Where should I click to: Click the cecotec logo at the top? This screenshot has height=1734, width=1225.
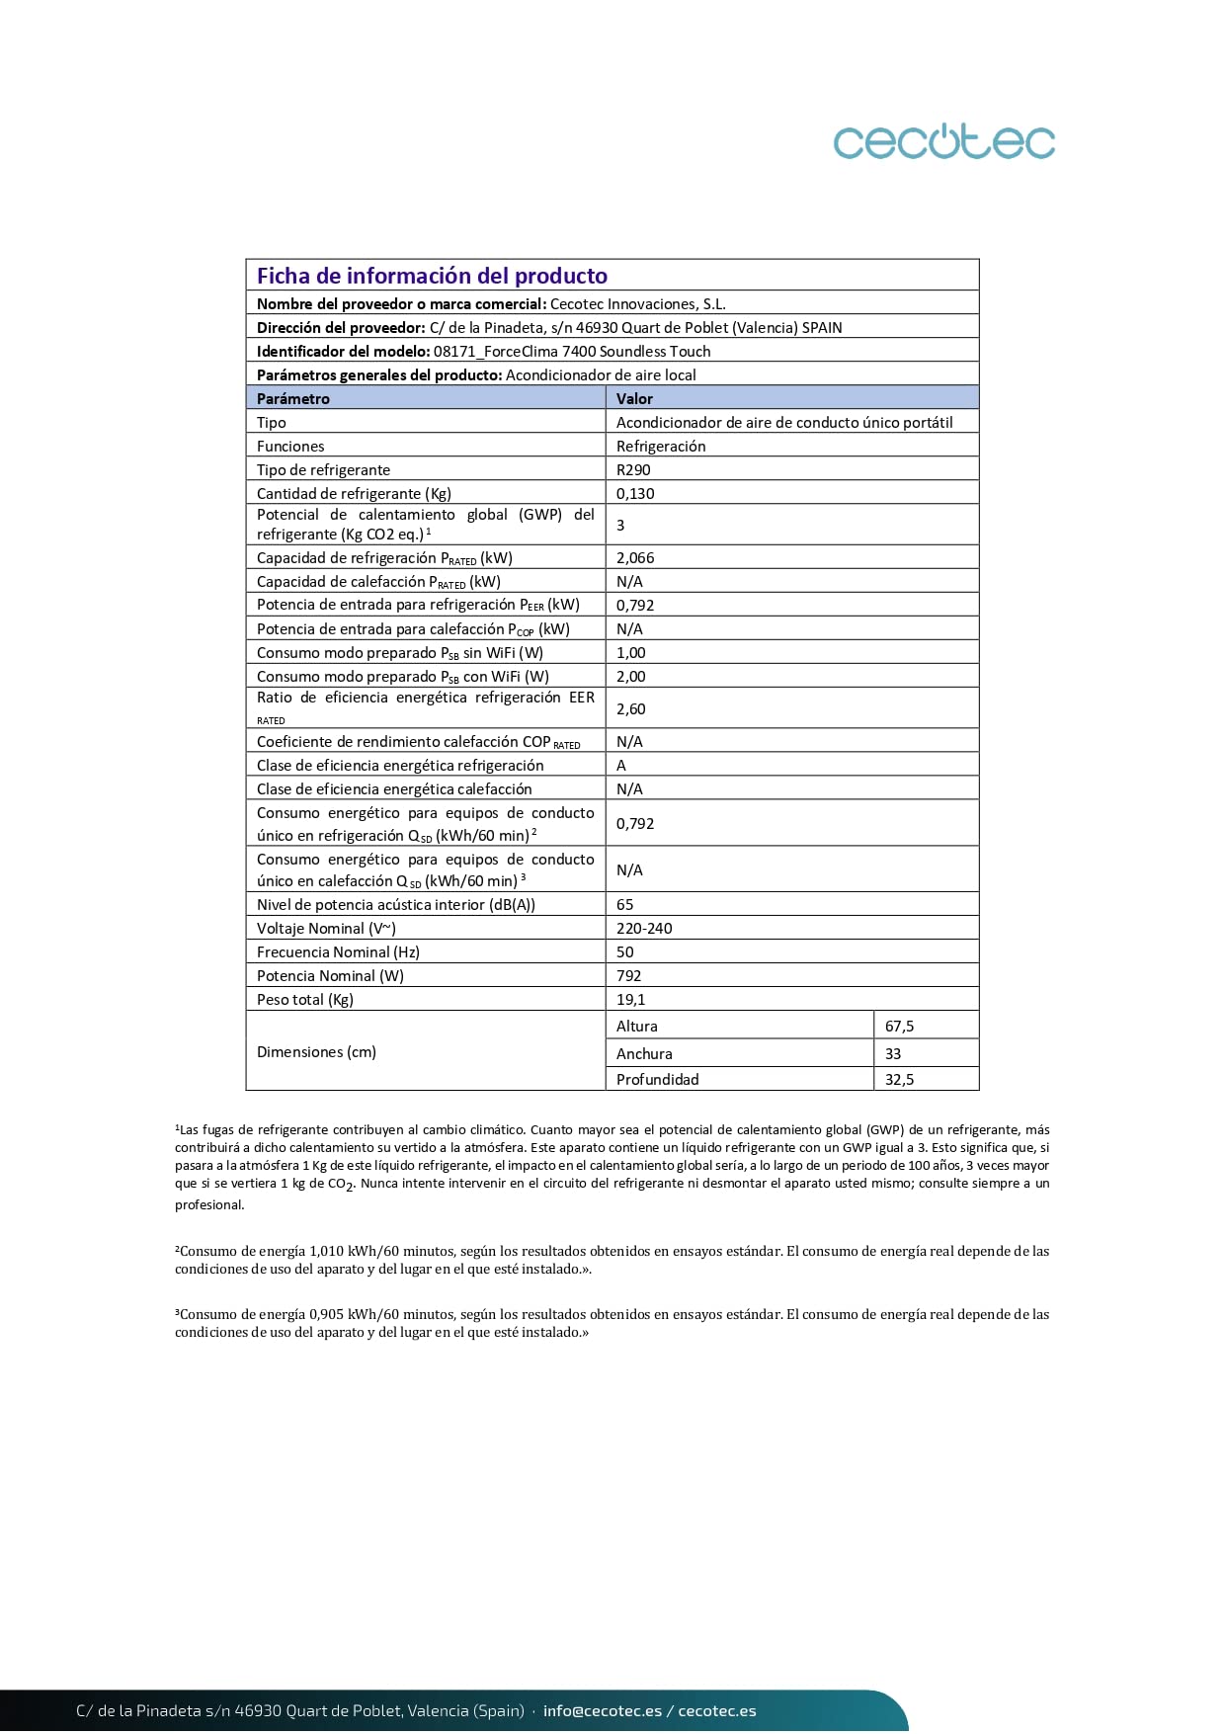[943, 141]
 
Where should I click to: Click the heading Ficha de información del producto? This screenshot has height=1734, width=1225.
[432, 276]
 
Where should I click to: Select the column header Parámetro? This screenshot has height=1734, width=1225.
[293, 398]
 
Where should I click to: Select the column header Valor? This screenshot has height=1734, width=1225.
[634, 398]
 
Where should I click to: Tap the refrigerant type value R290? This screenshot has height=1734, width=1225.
[633, 469]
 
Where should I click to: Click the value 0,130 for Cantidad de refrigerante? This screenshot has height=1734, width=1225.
[635, 493]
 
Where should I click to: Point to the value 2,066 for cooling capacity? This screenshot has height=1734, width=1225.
[635, 557]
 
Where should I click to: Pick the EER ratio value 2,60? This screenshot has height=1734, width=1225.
[630, 708]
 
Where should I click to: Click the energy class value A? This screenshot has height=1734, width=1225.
[621, 765]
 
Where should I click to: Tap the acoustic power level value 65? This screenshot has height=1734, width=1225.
[625, 904]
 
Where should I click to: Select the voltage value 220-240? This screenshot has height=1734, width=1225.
[644, 928]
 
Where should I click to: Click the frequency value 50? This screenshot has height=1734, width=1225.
[625, 951]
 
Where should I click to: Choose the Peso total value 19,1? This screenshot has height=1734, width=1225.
[630, 999]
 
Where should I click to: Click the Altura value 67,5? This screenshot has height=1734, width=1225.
[899, 1026]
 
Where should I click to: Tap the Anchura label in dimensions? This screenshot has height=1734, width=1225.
[644, 1053]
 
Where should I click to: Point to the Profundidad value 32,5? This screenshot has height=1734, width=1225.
[899, 1079]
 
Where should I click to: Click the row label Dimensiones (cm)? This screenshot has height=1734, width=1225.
[316, 1051]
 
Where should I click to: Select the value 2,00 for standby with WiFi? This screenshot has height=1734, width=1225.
[630, 676]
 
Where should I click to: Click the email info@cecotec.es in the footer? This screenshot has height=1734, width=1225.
[603, 1710]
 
